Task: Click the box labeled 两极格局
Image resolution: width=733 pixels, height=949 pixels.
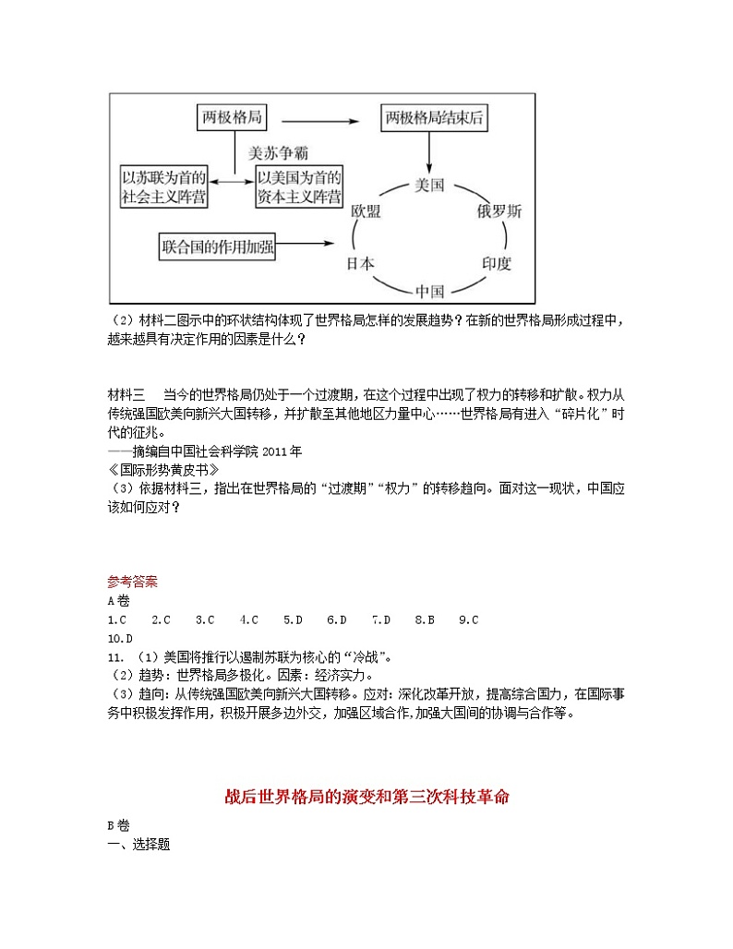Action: [233, 118]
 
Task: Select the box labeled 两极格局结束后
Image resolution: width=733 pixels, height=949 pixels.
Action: [434, 118]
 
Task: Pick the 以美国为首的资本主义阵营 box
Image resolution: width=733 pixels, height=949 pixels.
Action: [299, 186]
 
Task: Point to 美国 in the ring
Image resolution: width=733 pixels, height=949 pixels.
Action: [430, 185]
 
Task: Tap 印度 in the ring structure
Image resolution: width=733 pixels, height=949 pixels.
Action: [496, 263]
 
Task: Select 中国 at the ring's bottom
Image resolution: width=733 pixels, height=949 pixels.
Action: [430, 291]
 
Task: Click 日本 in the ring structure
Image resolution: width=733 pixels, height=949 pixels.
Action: [361, 263]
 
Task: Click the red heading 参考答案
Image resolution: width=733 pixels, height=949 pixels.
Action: [132, 582]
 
